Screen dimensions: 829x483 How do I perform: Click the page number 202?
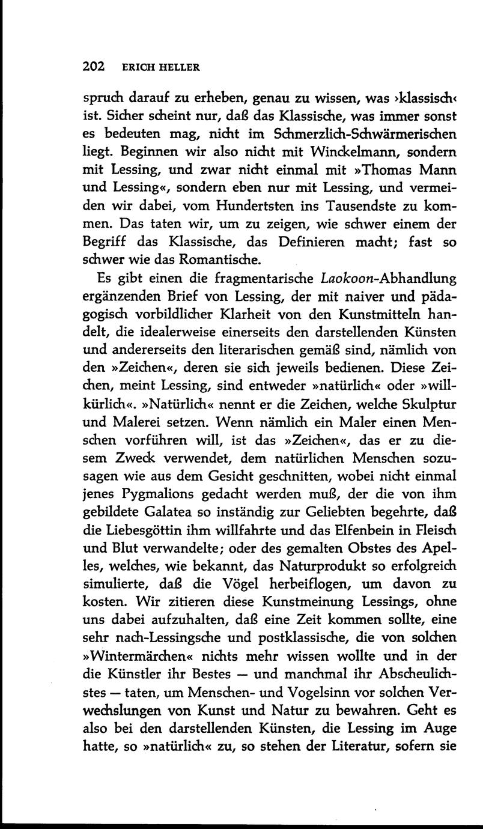[93, 67]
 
